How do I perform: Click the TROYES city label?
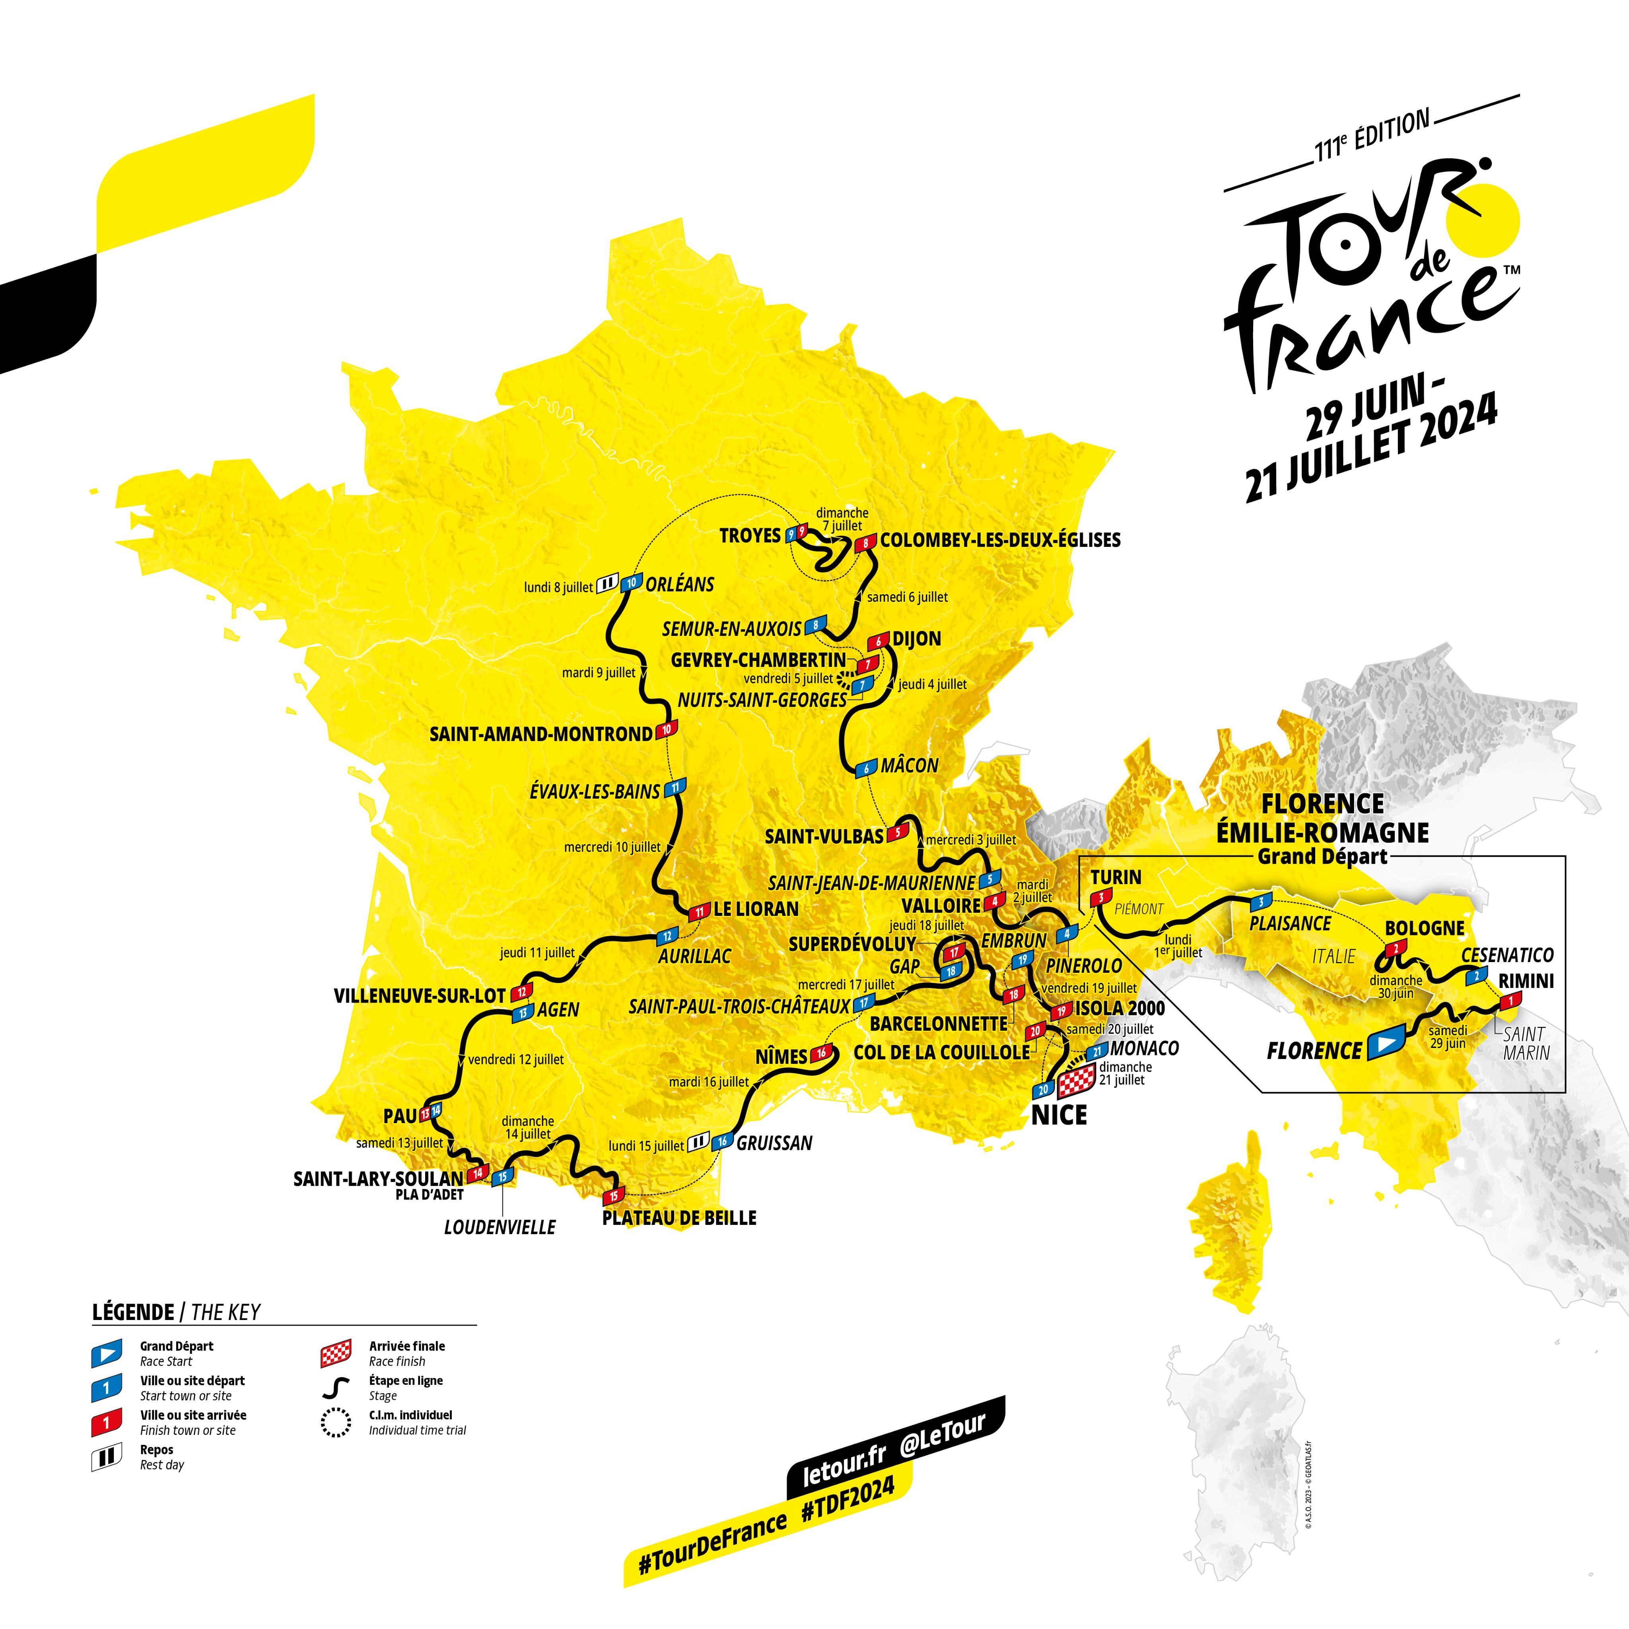[750, 535]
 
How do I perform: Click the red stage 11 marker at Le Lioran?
[699, 912]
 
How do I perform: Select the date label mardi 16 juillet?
[708, 1082]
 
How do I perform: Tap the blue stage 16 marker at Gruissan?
[722, 1143]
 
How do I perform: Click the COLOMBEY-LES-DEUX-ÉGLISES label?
[1000, 540]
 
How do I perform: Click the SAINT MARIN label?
[1525, 1042]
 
